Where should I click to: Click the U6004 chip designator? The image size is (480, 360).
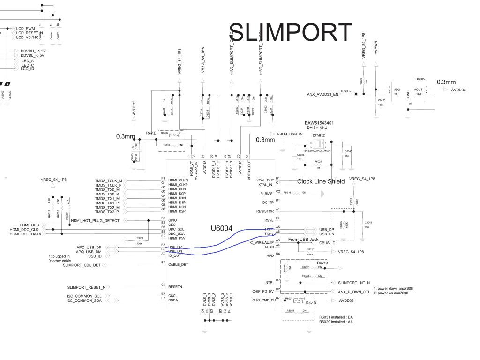[221, 228]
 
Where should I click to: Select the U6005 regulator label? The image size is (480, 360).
[420, 80]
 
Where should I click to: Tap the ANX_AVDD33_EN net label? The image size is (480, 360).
[322, 94]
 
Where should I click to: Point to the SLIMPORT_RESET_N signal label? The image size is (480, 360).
[87, 287]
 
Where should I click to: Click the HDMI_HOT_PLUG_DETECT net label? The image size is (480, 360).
[95, 220]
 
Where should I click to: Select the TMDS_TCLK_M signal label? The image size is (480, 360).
[108, 180]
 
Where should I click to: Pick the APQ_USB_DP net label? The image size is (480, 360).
[89, 247]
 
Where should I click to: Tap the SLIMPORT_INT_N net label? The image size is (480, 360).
[354, 283]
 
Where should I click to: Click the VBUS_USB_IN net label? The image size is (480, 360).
[290, 134]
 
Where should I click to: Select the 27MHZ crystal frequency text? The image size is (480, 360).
[319, 135]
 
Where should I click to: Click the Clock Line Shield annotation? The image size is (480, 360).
[321, 181]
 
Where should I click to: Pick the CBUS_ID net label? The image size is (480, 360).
[327, 243]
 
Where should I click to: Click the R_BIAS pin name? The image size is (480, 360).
[267, 193]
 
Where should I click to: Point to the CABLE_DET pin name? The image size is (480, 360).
[178, 264]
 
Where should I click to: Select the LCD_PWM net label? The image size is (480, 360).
[25, 29]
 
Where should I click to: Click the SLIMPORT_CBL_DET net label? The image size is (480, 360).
[82, 265]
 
